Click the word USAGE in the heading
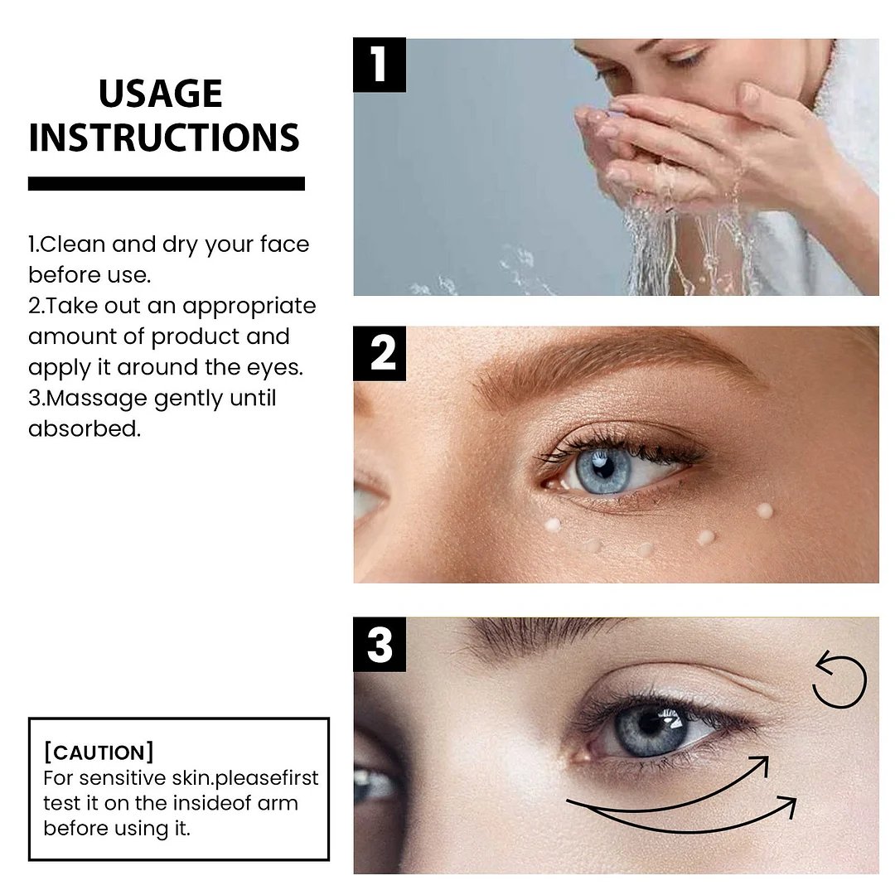pyautogui.click(x=160, y=94)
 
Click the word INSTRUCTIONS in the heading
pyautogui.click(x=163, y=138)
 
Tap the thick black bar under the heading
pyautogui.click(x=166, y=183)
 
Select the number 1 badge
pyautogui.click(x=379, y=65)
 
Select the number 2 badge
pyautogui.click(x=380, y=353)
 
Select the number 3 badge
pyautogui.click(x=380, y=644)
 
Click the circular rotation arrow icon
pyautogui.click(x=839, y=680)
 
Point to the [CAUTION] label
pyautogui.click(x=98, y=752)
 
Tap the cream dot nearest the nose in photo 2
pyautogui.click(x=550, y=525)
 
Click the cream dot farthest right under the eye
pyautogui.click(x=764, y=510)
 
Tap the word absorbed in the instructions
pyautogui.click(x=84, y=429)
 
